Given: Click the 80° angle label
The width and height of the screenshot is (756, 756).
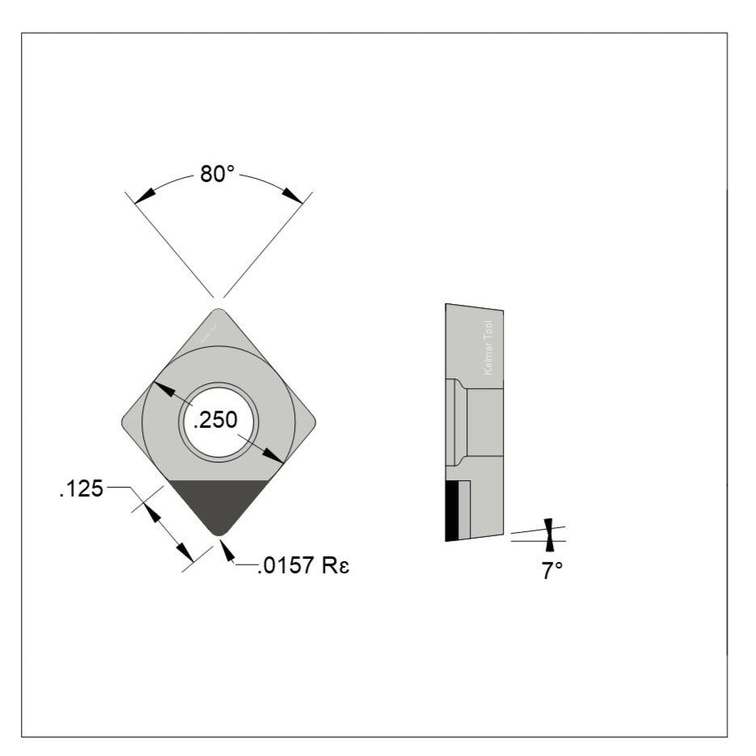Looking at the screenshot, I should pos(217,175).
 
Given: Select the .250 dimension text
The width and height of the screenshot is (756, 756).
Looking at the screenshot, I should pos(217,420).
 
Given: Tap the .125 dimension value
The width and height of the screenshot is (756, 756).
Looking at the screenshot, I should pos(81,488).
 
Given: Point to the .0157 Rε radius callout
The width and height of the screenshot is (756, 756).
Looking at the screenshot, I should pos(303,566).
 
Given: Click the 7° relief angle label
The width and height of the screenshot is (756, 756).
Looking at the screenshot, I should pos(552,571).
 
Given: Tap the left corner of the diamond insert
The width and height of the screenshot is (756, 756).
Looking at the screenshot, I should pos(125,421).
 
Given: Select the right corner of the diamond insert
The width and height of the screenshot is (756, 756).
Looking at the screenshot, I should pos(311,421).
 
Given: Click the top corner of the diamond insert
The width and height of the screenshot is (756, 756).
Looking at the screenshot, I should pos(218,313).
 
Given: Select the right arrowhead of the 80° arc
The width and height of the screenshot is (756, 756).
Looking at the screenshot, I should pos(294,196).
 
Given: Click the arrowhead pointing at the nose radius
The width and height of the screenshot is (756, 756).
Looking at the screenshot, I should pos(226,551).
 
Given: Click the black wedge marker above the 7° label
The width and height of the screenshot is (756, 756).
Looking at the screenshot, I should pos(549,526).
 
